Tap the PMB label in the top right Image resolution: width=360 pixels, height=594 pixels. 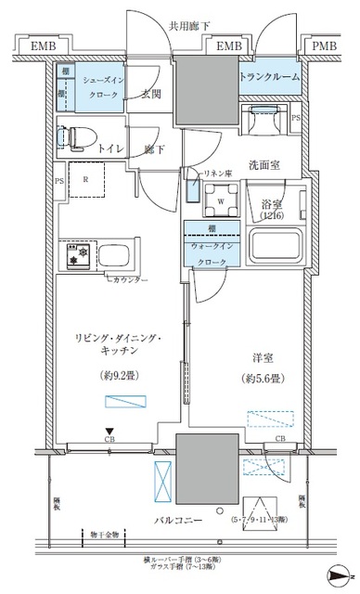tap(323, 45)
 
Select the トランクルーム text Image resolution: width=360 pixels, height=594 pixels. tap(270, 77)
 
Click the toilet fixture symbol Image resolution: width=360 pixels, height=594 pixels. tap(72, 136)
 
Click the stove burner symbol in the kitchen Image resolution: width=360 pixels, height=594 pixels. tap(73, 253)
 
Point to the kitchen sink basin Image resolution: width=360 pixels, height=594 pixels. tap(117, 254)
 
